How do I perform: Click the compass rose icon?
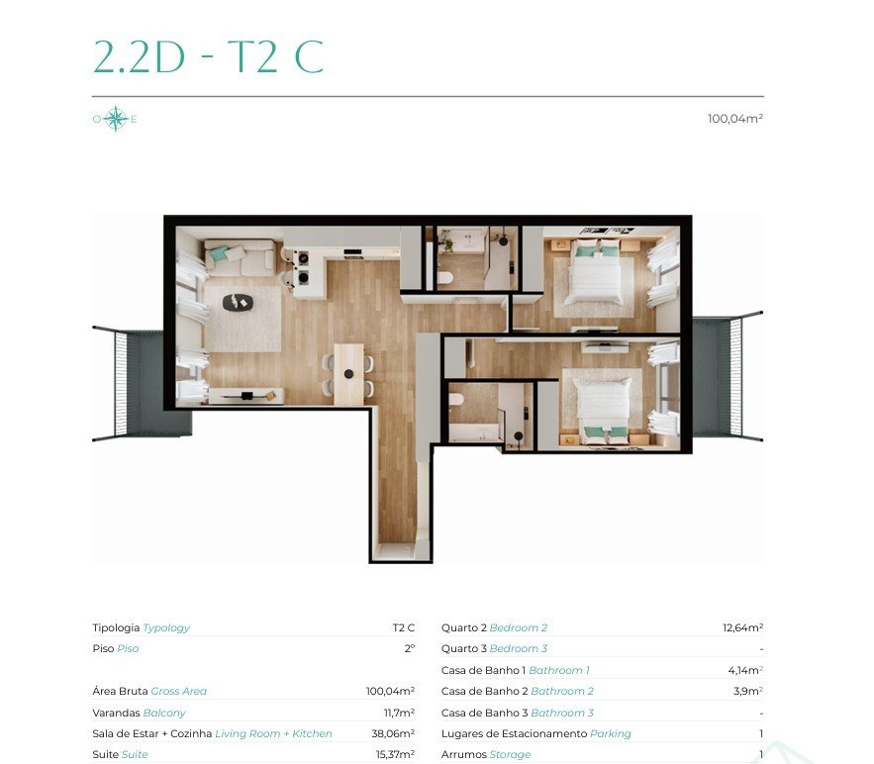115,118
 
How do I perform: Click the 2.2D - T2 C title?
209,56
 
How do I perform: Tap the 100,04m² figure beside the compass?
735,118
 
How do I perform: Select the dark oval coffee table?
238,303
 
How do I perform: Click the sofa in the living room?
241,258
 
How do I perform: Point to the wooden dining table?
348,374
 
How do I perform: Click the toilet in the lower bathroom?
456,400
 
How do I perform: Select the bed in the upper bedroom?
595,271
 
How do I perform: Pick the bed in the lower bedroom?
603,405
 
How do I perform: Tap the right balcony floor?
712,376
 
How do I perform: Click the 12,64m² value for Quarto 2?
743,627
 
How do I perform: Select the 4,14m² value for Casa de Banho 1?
745,670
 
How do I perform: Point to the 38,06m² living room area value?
393,733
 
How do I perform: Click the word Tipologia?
116,628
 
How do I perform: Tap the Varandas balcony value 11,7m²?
399,713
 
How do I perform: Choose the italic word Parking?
611,734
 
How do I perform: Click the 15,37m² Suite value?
395,754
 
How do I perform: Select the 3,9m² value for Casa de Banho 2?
748,691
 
